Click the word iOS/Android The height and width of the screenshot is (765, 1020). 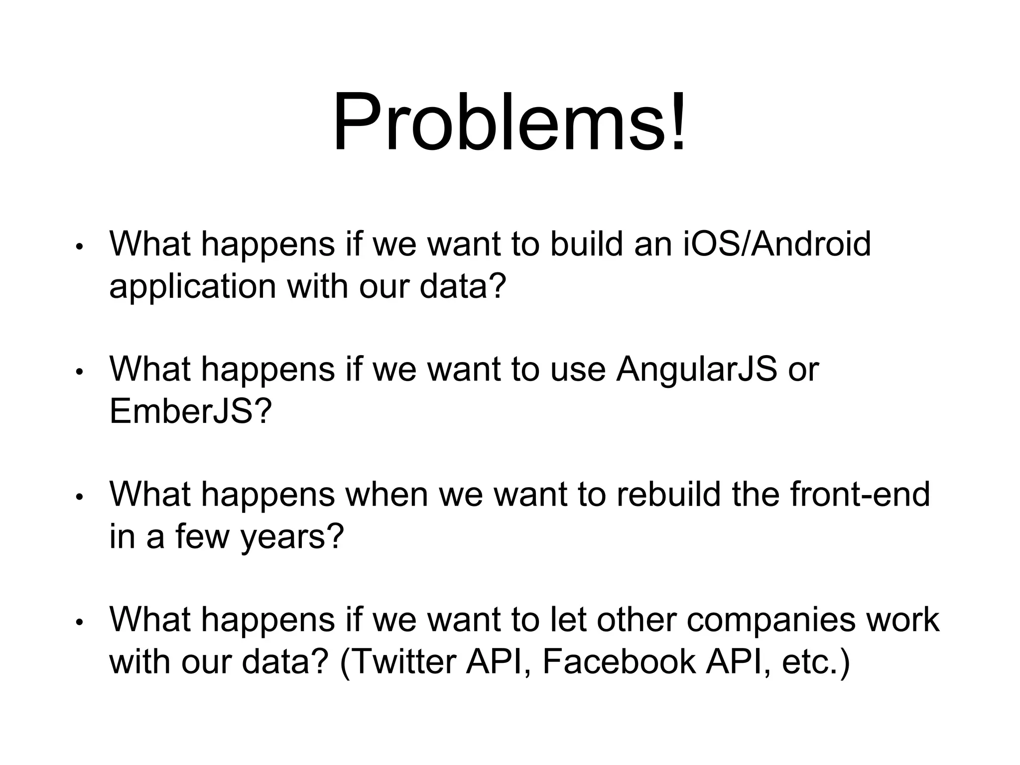776,244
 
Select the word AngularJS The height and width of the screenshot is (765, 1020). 696,370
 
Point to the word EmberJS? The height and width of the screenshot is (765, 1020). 191,411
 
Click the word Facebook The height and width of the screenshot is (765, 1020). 619,662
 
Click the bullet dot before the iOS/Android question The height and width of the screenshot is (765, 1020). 78,247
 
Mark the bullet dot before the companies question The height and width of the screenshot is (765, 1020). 78,622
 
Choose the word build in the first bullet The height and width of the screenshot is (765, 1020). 586,244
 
